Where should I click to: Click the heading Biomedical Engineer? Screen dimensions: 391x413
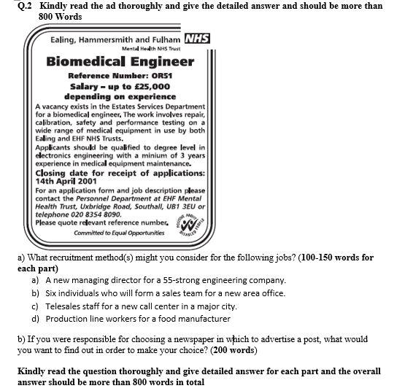pos(120,61)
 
